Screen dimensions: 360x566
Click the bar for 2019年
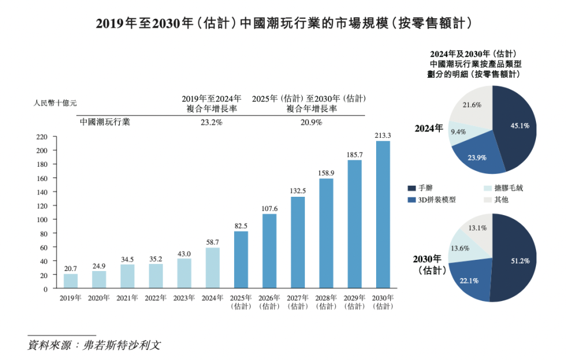(x=71, y=281)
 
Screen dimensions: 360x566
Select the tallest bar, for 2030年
(x=383, y=215)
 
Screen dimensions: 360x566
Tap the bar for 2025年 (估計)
(x=241, y=260)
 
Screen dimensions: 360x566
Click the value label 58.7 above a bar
(x=212, y=242)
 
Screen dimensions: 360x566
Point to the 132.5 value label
(x=298, y=191)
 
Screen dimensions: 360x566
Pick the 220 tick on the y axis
(x=41, y=137)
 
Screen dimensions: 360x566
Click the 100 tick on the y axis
(x=41, y=220)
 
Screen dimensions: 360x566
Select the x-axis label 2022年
(x=156, y=298)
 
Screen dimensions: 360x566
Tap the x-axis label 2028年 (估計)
(x=326, y=302)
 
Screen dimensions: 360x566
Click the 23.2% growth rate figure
(x=211, y=123)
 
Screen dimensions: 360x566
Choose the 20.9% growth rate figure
(x=311, y=123)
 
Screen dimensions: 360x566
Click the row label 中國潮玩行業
(x=105, y=123)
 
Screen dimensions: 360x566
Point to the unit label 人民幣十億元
(x=55, y=102)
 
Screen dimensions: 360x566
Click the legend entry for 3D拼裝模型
(x=436, y=200)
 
